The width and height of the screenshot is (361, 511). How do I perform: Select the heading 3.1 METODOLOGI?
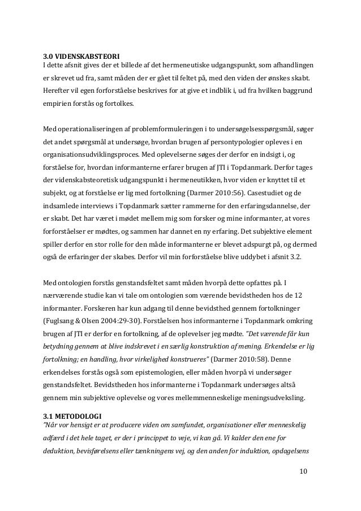tap(70, 418)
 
